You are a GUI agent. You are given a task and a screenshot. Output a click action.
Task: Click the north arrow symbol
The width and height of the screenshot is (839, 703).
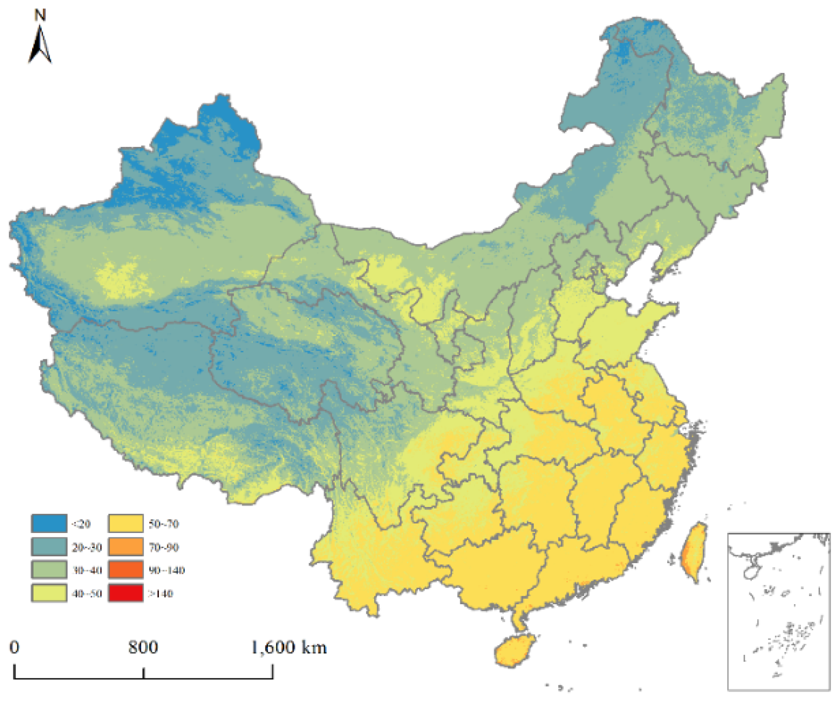click(40, 46)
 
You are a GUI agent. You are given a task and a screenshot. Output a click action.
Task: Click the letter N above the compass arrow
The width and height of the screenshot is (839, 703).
click(40, 16)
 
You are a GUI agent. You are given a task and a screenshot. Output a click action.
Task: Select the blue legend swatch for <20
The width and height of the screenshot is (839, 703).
click(49, 523)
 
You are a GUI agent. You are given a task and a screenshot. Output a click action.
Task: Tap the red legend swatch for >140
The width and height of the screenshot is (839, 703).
click(126, 593)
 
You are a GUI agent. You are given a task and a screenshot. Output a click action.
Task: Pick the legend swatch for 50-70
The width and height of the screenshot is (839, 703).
click(126, 523)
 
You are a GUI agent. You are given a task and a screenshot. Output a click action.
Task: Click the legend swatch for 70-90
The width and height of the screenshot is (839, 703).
click(126, 547)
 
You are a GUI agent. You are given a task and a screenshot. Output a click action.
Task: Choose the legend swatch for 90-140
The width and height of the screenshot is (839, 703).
click(126, 570)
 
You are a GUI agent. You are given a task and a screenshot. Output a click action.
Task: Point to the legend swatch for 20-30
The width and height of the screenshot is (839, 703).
click(49, 547)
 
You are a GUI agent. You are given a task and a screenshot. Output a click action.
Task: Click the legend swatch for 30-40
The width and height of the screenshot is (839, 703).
click(49, 570)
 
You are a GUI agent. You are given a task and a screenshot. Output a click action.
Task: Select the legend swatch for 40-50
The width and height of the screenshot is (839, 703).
click(49, 593)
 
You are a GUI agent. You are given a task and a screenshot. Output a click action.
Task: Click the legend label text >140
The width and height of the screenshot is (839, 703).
click(160, 594)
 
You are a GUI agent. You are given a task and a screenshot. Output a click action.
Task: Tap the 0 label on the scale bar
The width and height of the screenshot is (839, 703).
click(15, 647)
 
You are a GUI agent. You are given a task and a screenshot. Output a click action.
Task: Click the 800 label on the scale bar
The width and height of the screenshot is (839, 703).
click(143, 647)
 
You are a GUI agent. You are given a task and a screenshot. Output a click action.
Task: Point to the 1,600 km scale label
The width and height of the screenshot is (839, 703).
click(289, 647)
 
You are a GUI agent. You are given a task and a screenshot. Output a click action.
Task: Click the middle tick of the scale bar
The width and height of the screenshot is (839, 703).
click(144, 673)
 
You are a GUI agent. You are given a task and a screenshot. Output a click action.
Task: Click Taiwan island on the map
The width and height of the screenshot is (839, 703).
click(693, 552)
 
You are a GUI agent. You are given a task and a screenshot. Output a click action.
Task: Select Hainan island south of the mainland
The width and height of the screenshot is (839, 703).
click(514, 651)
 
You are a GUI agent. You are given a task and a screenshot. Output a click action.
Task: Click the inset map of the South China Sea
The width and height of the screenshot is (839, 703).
click(778, 612)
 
